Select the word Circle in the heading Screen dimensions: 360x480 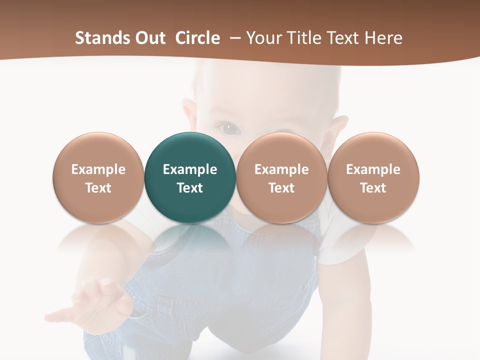[x=197, y=38]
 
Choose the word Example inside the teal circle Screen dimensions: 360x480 [x=190, y=169]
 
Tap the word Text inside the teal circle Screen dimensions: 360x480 [x=190, y=188]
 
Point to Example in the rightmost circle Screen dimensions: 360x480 [x=373, y=169]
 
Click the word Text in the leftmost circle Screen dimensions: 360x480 [x=98, y=188]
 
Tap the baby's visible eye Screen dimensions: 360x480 [x=229, y=128]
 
